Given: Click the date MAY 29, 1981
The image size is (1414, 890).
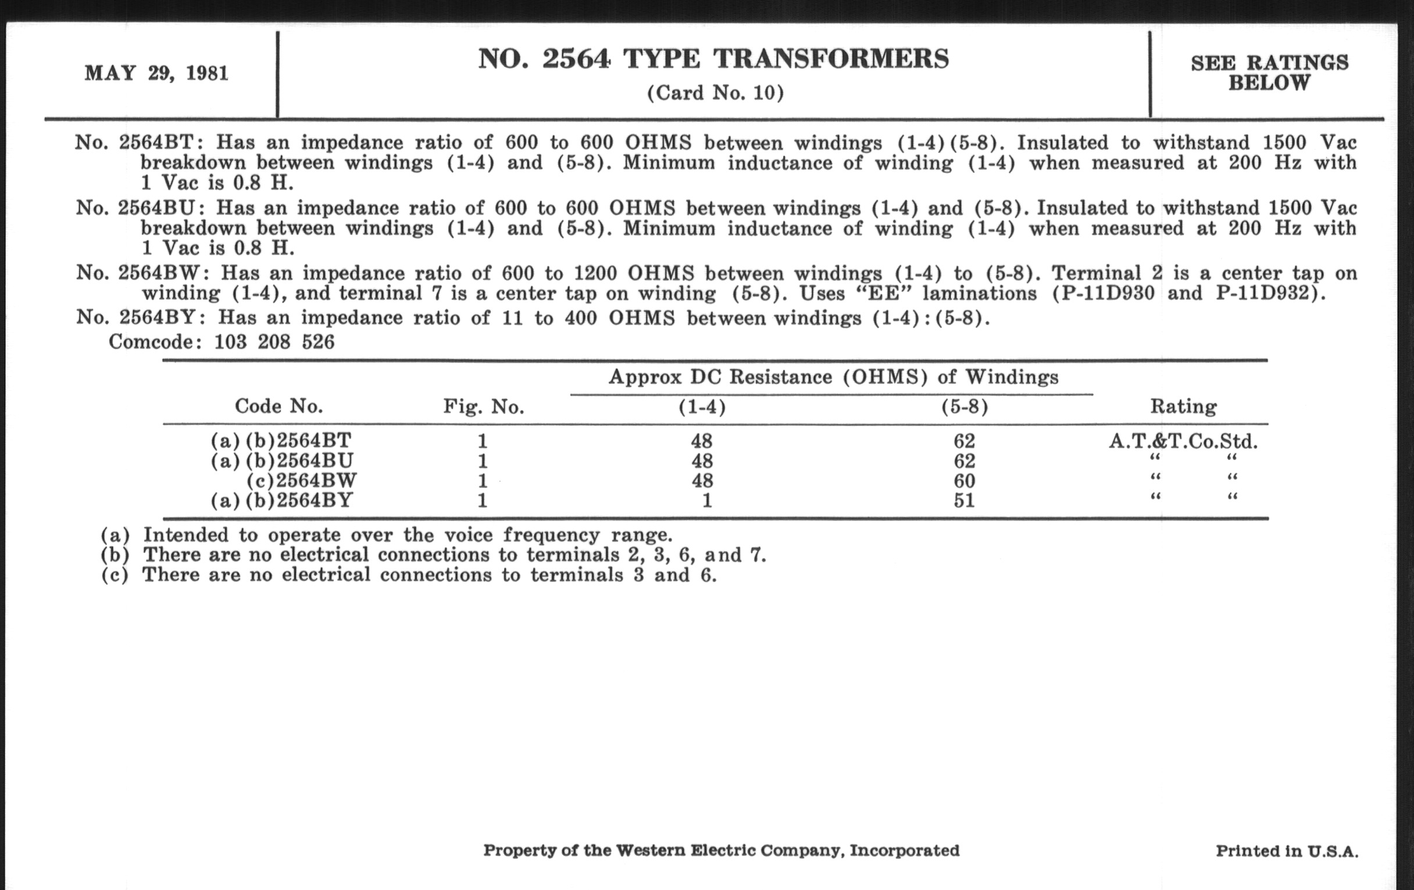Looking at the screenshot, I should [x=156, y=73].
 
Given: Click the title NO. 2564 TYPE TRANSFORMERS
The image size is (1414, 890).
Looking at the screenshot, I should [x=713, y=59].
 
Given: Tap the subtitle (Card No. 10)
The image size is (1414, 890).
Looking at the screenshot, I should [x=715, y=93].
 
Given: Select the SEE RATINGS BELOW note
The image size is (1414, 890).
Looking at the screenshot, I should [x=1269, y=73].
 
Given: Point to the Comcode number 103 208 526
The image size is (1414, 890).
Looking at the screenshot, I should [x=274, y=342].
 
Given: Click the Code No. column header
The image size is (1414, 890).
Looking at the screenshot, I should [x=278, y=406].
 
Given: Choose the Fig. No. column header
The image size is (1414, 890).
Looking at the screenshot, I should [x=483, y=407].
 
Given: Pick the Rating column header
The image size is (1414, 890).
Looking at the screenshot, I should [x=1183, y=406].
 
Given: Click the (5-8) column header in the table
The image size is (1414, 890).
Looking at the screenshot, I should [x=964, y=407].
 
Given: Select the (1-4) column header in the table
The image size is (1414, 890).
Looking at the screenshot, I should [x=702, y=407].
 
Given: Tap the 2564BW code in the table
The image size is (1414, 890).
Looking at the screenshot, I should [x=316, y=480].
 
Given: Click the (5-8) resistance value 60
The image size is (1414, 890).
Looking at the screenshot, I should [x=964, y=481].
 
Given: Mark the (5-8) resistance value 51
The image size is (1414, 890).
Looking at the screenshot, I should [x=964, y=500].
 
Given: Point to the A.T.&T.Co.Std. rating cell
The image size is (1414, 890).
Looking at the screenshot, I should [x=1183, y=441].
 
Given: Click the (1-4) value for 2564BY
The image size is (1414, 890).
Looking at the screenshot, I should [x=706, y=500].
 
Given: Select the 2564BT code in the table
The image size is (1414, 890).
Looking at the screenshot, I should [x=314, y=440].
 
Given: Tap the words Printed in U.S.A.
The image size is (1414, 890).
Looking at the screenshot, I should [x=1287, y=850].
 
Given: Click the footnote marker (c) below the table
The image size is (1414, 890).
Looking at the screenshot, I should [x=115, y=575].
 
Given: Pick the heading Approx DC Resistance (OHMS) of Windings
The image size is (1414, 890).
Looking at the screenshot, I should [x=833, y=376].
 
